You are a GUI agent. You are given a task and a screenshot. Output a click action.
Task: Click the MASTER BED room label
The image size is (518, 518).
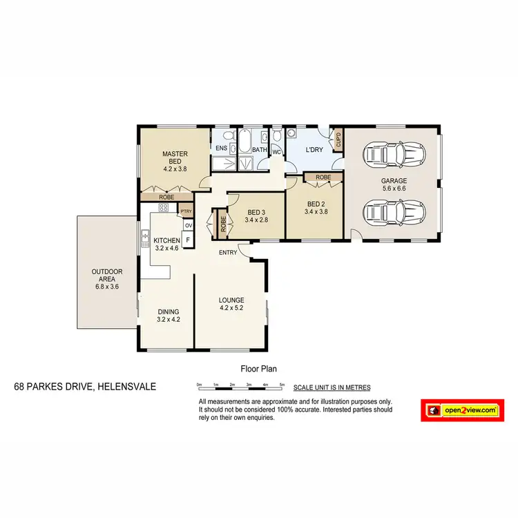pos(175,160)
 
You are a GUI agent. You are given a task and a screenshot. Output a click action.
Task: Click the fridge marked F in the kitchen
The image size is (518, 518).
pos(188,240)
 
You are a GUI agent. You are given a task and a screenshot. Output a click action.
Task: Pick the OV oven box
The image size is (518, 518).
pos(188,225)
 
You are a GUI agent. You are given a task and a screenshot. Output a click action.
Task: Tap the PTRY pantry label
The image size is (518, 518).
pos(185,211)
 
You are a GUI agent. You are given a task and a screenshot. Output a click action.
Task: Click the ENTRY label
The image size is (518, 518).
pos(228,252)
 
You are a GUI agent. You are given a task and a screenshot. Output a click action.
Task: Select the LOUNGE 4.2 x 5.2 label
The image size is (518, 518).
pos(231,304)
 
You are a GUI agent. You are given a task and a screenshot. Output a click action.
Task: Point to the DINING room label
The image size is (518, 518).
pos(169,315)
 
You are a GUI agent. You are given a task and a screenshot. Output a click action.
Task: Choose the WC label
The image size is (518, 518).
pos(276,152)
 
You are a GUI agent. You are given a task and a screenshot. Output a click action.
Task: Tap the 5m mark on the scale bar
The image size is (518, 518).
pos(282,384)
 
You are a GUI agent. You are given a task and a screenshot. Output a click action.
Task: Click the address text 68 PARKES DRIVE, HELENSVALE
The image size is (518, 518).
pos(85,387)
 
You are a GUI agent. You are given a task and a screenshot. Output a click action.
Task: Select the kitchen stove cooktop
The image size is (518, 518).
pos(164,207)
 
